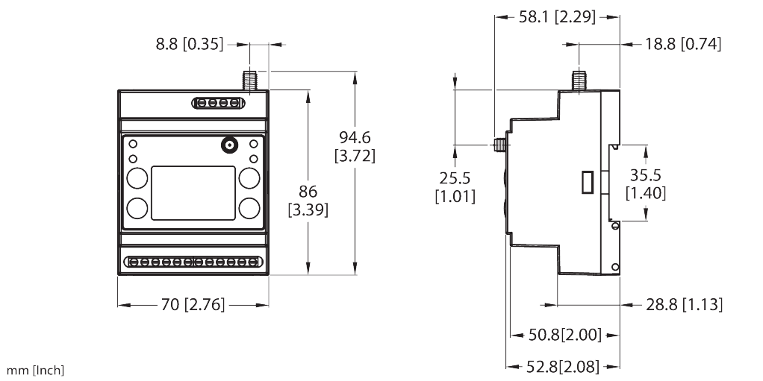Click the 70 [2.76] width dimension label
click(x=193, y=304)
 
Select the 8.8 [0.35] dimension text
click(x=190, y=45)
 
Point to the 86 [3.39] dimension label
click(x=308, y=201)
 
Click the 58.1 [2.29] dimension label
click(x=557, y=16)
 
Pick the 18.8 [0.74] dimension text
click(x=683, y=45)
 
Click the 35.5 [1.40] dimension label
click(x=646, y=184)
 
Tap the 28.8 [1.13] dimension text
click(x=684, y=304)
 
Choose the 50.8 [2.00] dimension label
click(x=564, y=335)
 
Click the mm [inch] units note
click(x=36, y=371)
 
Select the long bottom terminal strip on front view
click(x=193, y=262)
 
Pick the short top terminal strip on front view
click(x=218, y=102)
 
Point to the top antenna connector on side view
click(x=578, y=80)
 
